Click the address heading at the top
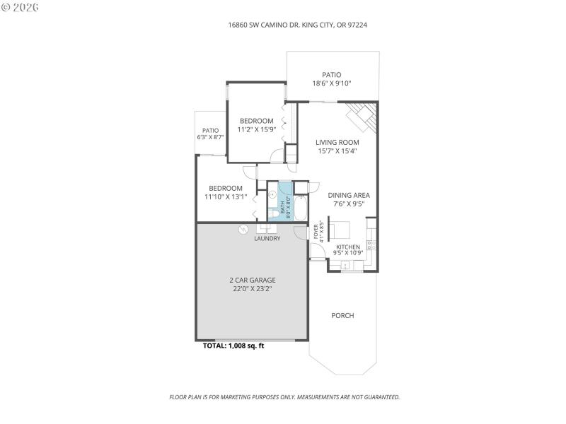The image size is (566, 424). click(x=297, y=25)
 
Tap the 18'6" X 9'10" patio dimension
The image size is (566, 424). click(x=332, y=83)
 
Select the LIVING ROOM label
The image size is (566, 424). click(x=337, y=142)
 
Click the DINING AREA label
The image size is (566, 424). click(x=348, y=195)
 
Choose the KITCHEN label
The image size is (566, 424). click(x=348, y=247)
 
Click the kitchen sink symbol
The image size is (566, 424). click(x=346, y=266)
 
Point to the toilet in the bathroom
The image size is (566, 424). click(x=275, y=213)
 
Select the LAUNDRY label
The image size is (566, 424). click(x=267, y=239)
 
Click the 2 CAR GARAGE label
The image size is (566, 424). click(x=252, y=280)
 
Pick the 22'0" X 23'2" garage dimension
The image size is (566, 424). click(x=252, y=289)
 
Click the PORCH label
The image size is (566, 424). click(x=342, y=315)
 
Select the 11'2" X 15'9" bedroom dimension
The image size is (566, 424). click(x=256, y=129)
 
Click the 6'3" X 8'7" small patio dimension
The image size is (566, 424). click(x=210, y=137)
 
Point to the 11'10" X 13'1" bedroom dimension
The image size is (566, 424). click(x=226, y=197)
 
